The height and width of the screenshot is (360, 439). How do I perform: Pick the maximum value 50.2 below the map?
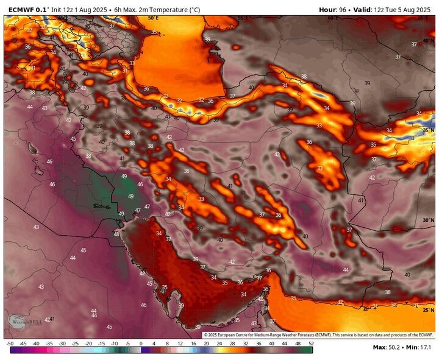tap(394, 347)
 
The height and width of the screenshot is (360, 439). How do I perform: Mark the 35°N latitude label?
tap(428, 130)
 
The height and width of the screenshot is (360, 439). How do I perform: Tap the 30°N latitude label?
tap(428, 220)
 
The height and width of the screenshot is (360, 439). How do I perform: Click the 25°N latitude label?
tap(428, 311)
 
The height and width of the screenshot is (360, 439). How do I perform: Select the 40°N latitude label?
tap(428, 40)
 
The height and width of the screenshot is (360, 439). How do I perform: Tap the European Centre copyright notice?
tap(317, 335)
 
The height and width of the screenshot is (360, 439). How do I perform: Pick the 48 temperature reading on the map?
tap(116, 235)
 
